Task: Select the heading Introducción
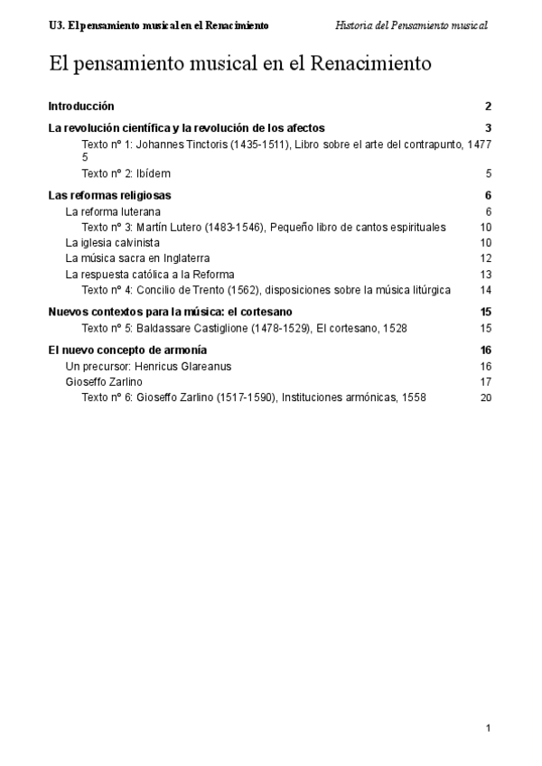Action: [x=81, y=107]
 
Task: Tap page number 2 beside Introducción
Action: [x=488, y=107]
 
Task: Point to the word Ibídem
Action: [x=154, y=173]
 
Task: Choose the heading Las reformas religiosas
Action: [x=109, y=195]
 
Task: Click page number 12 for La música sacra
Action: [x=486, y=259]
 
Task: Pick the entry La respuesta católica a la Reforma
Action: [x=150, y=275]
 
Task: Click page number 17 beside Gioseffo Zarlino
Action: [x=486, y=382]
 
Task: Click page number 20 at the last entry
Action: [x=486, y=397]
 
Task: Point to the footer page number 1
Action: [x=488, y=728]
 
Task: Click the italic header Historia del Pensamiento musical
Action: [x=411, y=25]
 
